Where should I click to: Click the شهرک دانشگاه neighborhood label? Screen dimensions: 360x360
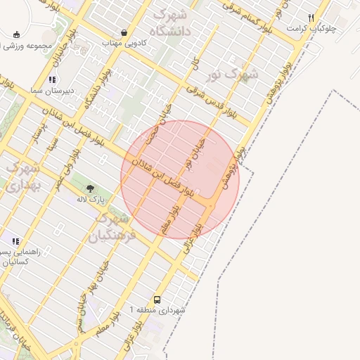(173, 22)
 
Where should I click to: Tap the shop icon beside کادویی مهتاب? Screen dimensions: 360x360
(124, 32)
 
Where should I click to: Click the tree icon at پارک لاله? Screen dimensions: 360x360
(89, 188)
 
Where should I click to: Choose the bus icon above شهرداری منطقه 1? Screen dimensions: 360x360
(157, 300)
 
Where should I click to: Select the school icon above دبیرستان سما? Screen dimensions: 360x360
(53, 80)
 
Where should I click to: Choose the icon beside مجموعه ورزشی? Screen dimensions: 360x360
(15, 34)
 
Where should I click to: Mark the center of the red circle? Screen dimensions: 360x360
(180, 179)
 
